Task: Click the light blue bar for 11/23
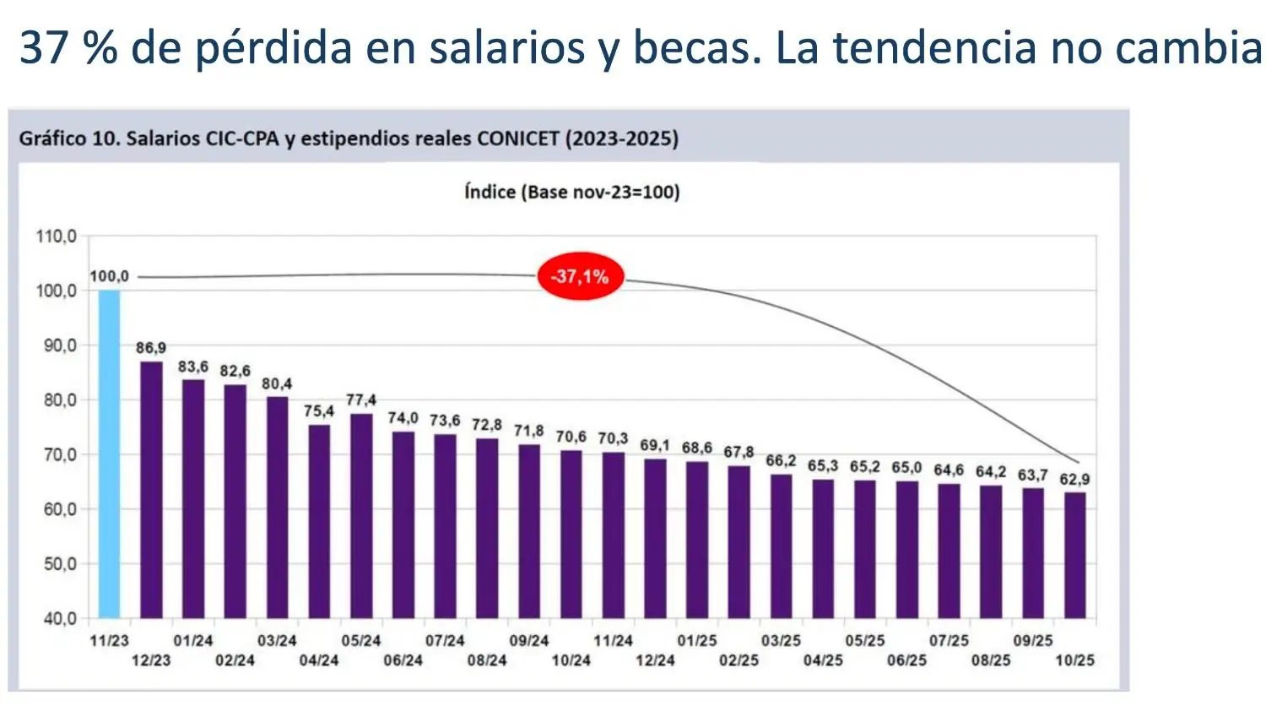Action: (109, 454)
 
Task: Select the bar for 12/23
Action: (151, 490)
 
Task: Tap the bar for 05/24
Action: (361, 515)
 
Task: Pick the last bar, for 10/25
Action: (1074, 555)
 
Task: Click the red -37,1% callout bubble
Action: (581, 276)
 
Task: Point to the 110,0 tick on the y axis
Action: (56, 236)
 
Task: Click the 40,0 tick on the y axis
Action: (60, 618)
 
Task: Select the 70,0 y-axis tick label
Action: (60, 454)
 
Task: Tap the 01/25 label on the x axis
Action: (696, 641)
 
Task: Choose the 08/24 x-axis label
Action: (487, 660)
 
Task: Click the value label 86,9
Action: (151, 348)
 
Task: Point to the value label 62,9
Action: (1074, 480)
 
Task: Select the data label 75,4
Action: (319, 411)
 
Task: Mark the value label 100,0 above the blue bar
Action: (109, 276)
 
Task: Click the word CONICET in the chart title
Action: (517, 139)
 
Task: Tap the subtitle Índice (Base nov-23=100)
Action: (571, 192)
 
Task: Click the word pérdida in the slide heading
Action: (273, 47)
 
